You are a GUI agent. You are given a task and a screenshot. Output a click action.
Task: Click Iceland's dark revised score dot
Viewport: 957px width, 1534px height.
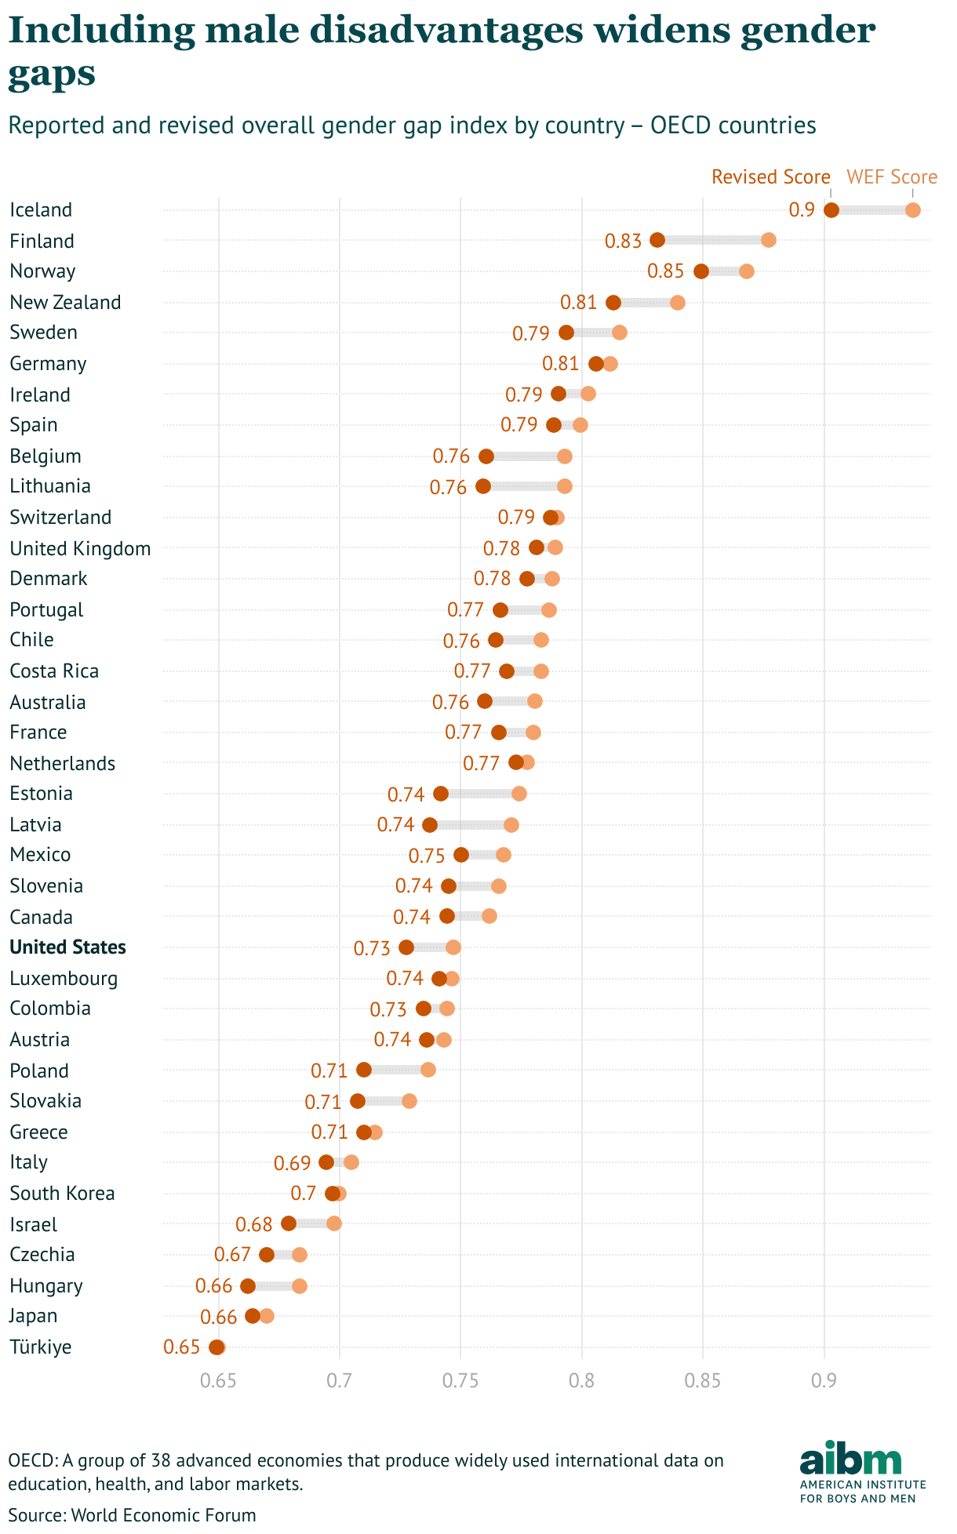tap(831, 210)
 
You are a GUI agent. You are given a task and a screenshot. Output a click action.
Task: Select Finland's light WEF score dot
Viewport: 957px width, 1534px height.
tap(769, 240)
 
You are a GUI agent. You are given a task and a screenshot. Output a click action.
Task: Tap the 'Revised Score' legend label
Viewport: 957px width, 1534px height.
tap(770, 177)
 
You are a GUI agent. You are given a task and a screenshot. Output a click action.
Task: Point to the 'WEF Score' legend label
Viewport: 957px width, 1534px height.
tap(892, 177)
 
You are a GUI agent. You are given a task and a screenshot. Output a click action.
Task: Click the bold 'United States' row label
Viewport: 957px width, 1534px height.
tap(67, 947)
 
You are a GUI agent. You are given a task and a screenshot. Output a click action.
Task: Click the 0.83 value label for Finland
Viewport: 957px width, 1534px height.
tap(623, 241)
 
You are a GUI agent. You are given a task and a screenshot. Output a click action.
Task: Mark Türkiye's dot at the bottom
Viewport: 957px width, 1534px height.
tap(217, 1347)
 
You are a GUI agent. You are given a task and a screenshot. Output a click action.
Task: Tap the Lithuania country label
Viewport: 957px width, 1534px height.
tap(50, 486)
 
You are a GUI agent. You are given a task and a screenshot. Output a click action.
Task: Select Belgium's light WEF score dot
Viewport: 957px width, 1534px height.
tap(565, 456)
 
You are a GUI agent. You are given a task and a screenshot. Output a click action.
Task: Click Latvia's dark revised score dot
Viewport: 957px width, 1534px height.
tap(430, 825)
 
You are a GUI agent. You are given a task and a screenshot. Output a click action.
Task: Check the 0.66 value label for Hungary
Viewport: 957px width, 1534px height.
tap(213, 1286)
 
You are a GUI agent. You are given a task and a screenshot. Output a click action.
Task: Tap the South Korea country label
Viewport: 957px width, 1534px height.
tap(62, 1194)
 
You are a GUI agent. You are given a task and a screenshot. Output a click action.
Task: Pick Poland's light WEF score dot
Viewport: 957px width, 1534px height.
tap(428, 1070)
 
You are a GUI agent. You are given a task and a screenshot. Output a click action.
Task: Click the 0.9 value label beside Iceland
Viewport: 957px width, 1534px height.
tap(802, 210)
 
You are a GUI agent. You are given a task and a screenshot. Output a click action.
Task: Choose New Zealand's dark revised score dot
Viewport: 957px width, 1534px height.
tap(613, 303)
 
